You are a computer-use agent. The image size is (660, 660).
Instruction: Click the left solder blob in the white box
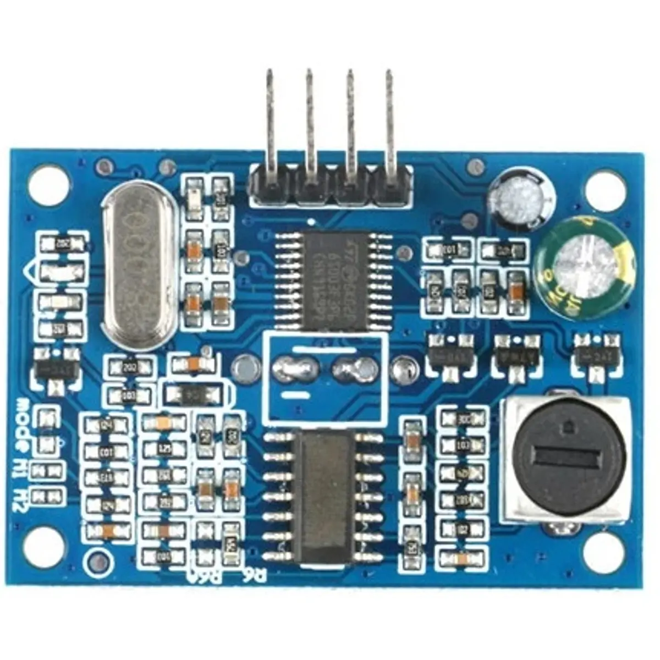[x=295, y=369]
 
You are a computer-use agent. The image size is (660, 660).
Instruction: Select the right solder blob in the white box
[x=353, y=369]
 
